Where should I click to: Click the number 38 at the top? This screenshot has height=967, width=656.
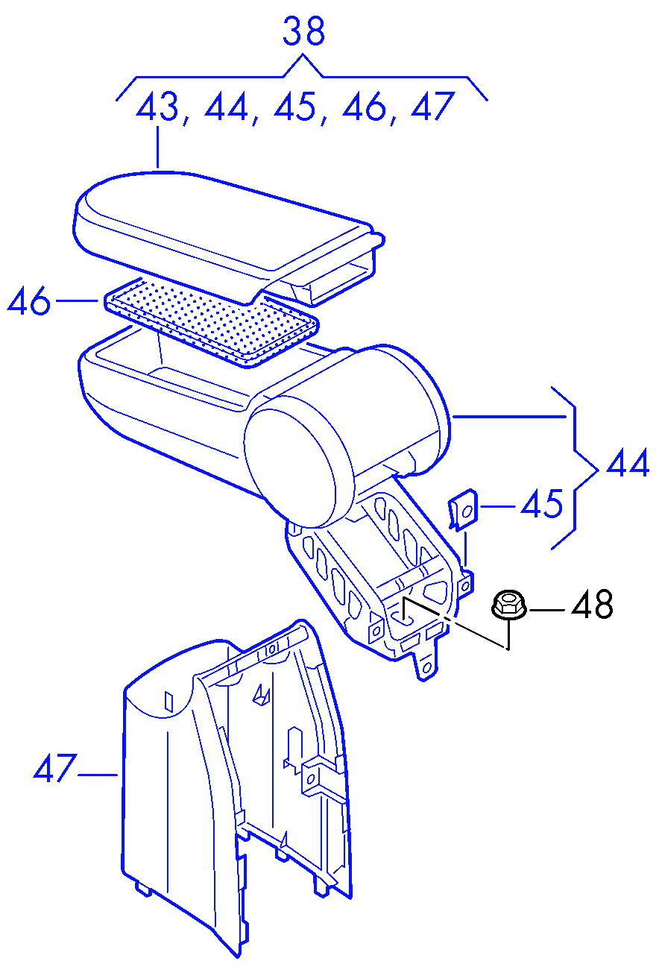pos(303,31)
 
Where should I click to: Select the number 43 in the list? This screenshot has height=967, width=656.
pos(157,106)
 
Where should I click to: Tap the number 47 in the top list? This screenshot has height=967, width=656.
pos(432,106)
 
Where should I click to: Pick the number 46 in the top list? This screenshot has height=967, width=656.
pos(363,106)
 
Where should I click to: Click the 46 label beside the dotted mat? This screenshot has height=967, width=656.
pos(29,301)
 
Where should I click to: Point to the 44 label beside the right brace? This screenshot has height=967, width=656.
pos(628,462)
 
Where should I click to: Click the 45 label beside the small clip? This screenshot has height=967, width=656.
pos(542,503)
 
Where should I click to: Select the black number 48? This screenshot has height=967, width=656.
pos(592,603)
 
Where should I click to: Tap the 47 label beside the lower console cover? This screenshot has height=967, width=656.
pos(55,768)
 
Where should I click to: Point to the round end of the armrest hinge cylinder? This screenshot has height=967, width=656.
pos(290,468)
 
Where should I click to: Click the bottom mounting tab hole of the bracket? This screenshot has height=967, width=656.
pos(427,668)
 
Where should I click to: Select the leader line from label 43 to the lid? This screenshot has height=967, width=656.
pos(158,147)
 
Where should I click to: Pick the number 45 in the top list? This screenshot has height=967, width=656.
pos(294,106)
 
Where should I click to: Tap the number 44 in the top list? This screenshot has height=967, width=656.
pos(226,106)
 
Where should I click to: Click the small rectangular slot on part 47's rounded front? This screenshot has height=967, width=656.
pos(169,702)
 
